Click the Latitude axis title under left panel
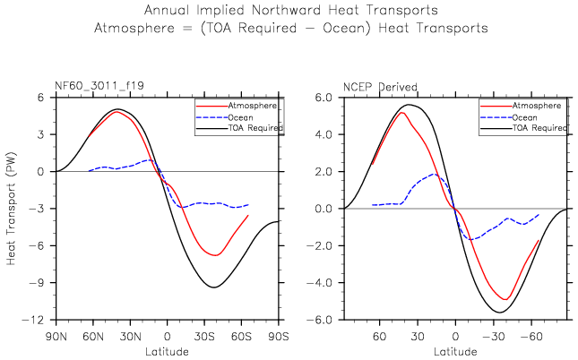coord(168,350)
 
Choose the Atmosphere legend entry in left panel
coord(252,105)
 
